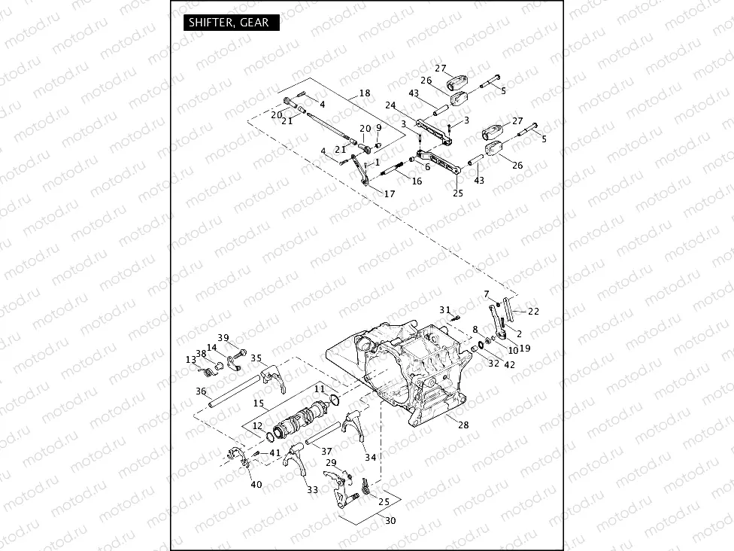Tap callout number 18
pyautogui.click(x=365, y=93)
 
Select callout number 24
pyautogui.click(x=390, y=105)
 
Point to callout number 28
pyautogui.click(x=463, y=425)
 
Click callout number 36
pyautogui.click(x=200, y=391)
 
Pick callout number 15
pyautogui.click(x=258, y=403)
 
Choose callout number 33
pyautogui.click(x=312, y=490)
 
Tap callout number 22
pyautogui.click(x=533, y=312)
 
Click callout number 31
pyautogui.click(x=444, y=310)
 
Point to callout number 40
pyautogui.click(x=256, y=484)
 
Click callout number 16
pyautogui.click(x=417, y=181)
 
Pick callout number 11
pyautogui.click(x=320, y=388)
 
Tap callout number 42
pyautogui.click(x=510, y=364)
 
